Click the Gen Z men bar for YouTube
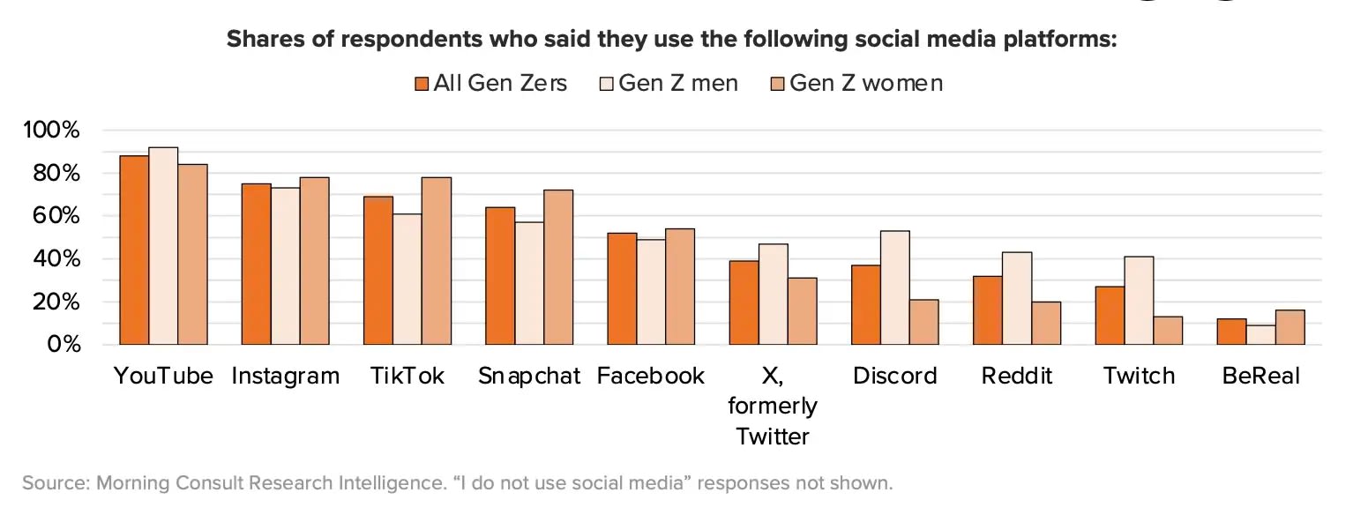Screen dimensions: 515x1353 click(x=163, y=246)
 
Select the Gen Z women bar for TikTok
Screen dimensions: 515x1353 click(x=437, y=261)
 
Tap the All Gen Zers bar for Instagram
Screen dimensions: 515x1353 click(x=257, y=264)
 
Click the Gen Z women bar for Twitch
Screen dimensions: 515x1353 click(x=1168, y=331)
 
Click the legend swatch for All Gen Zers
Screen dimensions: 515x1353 click(x=422, y=84)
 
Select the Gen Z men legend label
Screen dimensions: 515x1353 click(x=678, y=83)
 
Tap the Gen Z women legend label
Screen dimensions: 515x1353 click(x=865, y=83)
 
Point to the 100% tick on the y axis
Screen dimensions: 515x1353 click(x=52, y=131)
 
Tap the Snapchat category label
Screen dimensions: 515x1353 click(x=529, y=376)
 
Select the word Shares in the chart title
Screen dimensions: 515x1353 click(x=263, y=40)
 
